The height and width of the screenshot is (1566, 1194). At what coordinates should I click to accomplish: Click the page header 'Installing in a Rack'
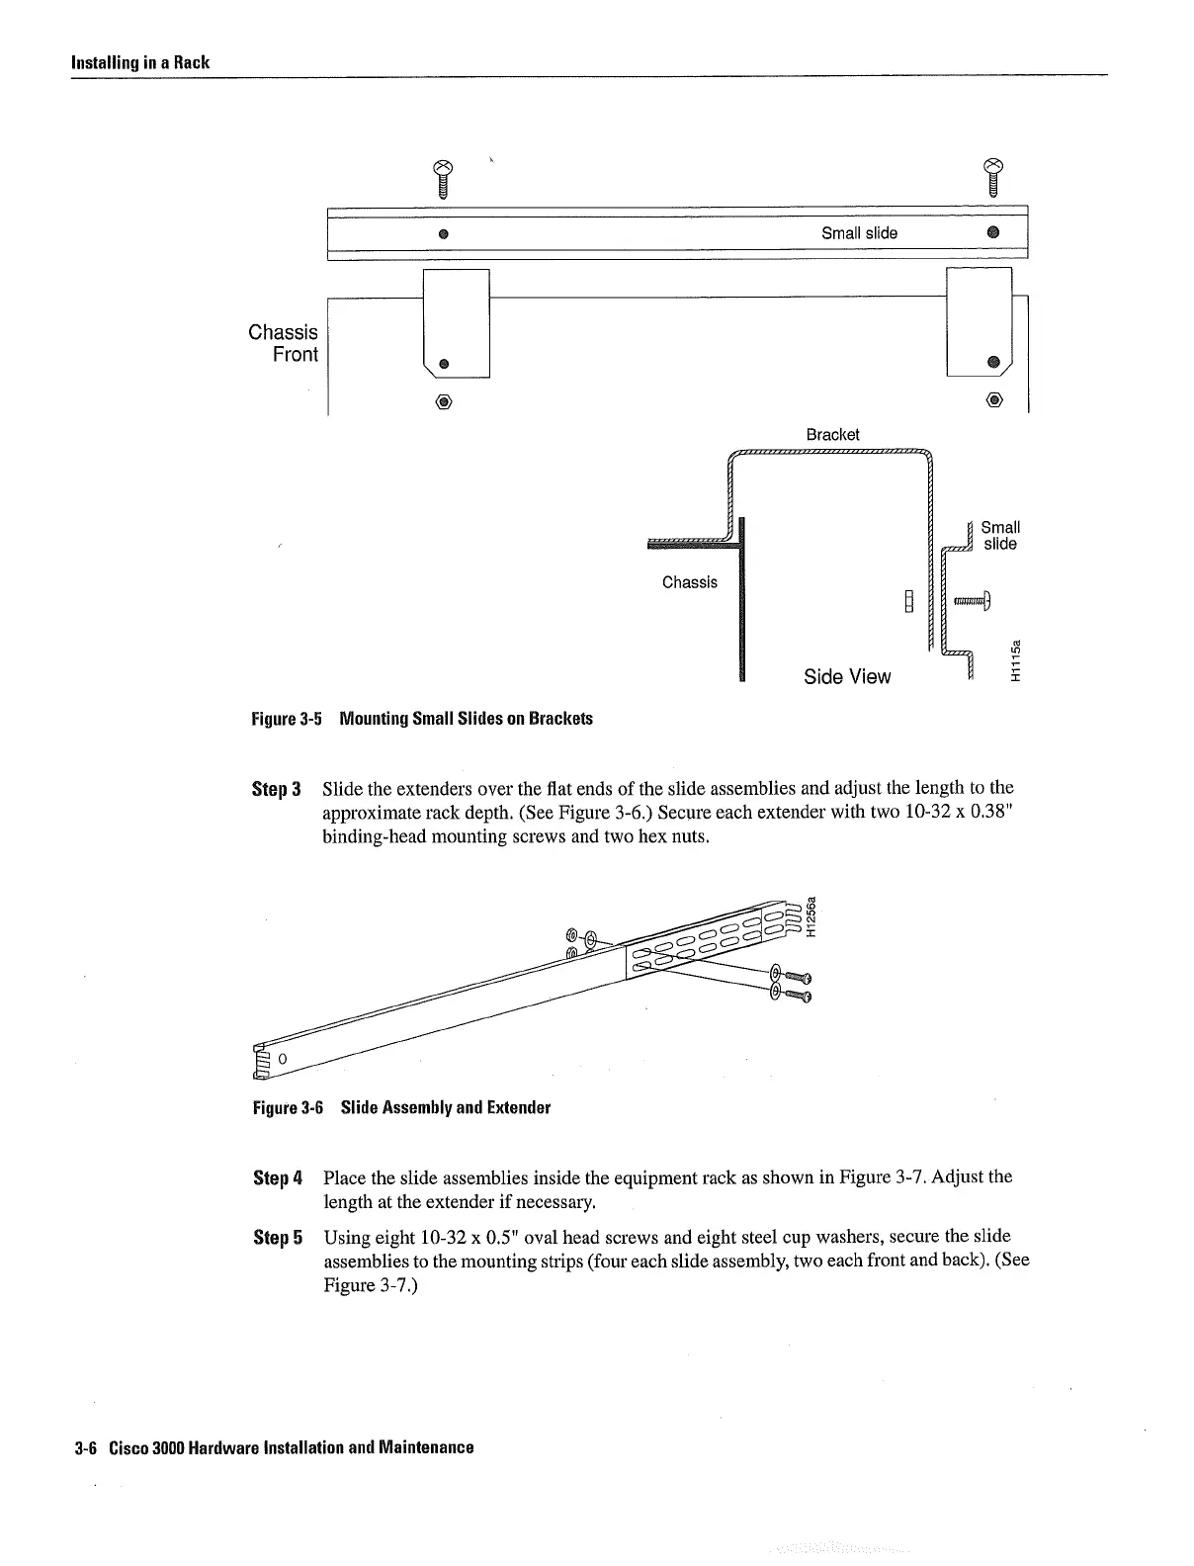coord(139,62)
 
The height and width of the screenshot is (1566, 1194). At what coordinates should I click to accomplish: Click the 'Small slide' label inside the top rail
coord(859,233)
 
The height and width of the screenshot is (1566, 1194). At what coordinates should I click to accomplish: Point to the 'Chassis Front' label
coord(284,343)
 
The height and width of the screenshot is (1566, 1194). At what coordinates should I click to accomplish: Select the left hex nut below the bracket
coord(444,402)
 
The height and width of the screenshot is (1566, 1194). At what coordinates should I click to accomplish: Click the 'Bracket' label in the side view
coord(832,435)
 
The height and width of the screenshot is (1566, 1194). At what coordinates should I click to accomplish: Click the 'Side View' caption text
coord(846,676)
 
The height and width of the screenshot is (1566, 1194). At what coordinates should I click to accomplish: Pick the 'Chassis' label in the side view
coord(690,582)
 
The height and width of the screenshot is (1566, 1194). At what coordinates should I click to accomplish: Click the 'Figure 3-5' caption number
coord(288,719)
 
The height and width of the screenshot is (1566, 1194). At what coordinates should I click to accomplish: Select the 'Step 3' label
coord(275,789)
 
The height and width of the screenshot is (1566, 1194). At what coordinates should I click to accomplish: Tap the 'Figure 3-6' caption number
coord(288,1107)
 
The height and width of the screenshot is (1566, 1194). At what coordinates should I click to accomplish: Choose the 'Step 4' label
coord(275,1178)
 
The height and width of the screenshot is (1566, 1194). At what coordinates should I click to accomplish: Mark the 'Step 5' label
coord(275,1238)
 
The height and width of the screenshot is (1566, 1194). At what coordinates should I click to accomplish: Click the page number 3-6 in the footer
coord(83,1447)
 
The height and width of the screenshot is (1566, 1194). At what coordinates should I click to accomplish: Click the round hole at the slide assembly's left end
coord(282,1059)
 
